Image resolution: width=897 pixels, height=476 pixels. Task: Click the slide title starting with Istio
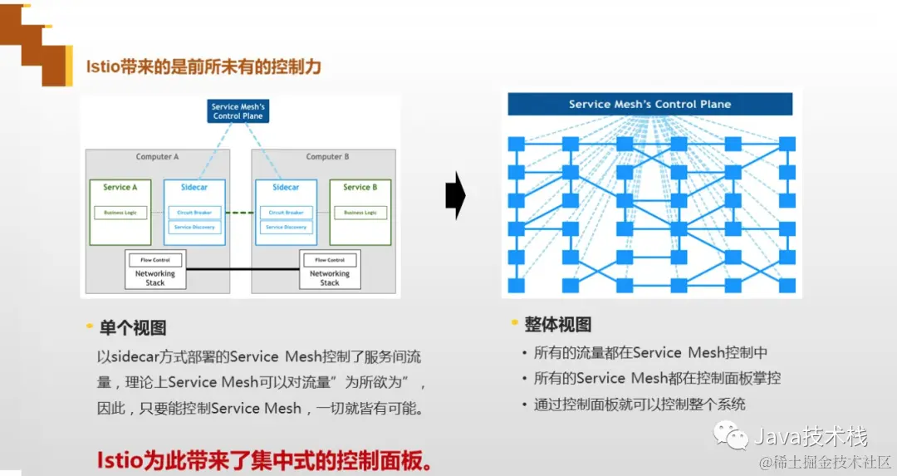tap(203, 66)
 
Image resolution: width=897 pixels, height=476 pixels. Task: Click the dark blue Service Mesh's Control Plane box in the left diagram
tap(238, 111)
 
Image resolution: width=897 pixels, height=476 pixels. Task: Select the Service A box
tap(120, 211)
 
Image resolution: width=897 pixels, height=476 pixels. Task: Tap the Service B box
tap(360, 211)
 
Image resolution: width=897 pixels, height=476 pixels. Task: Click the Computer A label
tap(158, 157)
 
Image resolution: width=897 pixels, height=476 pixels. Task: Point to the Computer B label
tap(327, 157)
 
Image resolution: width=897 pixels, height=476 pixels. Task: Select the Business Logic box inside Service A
tap(120, 213)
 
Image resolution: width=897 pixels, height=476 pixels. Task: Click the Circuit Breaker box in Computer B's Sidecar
tap(286, 213)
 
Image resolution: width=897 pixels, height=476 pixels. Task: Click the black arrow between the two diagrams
tap(455, 196)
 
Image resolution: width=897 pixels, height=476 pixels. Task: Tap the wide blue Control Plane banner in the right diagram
tap(649, 105)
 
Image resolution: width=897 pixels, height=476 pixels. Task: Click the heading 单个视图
tap(133, 328)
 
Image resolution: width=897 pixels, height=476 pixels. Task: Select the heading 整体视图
tap(557, 325)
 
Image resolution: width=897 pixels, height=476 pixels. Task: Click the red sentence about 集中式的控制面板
tap(265, 460)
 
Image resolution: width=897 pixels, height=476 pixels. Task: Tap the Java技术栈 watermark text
tap(810, 435)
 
